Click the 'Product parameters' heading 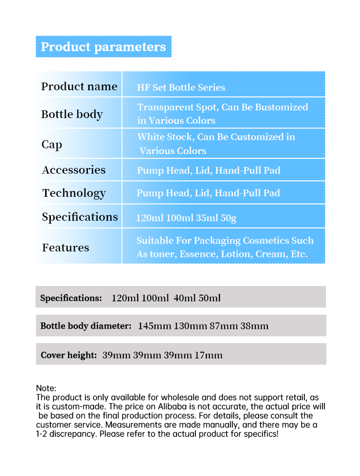(x=103, y=47)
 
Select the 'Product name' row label (x=79, y=86)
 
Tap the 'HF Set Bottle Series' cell (x=181, y=87)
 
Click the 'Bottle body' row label (x=72, y=114)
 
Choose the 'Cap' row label (x=52, y=144)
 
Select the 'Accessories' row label (x=74, y=170)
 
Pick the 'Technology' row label (x=74, y=193)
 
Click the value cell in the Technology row (x=208, y=193)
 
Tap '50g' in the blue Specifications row (x=228, y=218)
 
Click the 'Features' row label (x=66, y=248)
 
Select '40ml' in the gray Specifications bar (x=182, y=298)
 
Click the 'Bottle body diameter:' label (x=86, y=326)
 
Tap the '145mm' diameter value (x=155, y=326)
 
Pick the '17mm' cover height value (x=208, y=356)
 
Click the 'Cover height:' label (x=69, y=356)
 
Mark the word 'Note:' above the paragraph (x=46, y=388)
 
